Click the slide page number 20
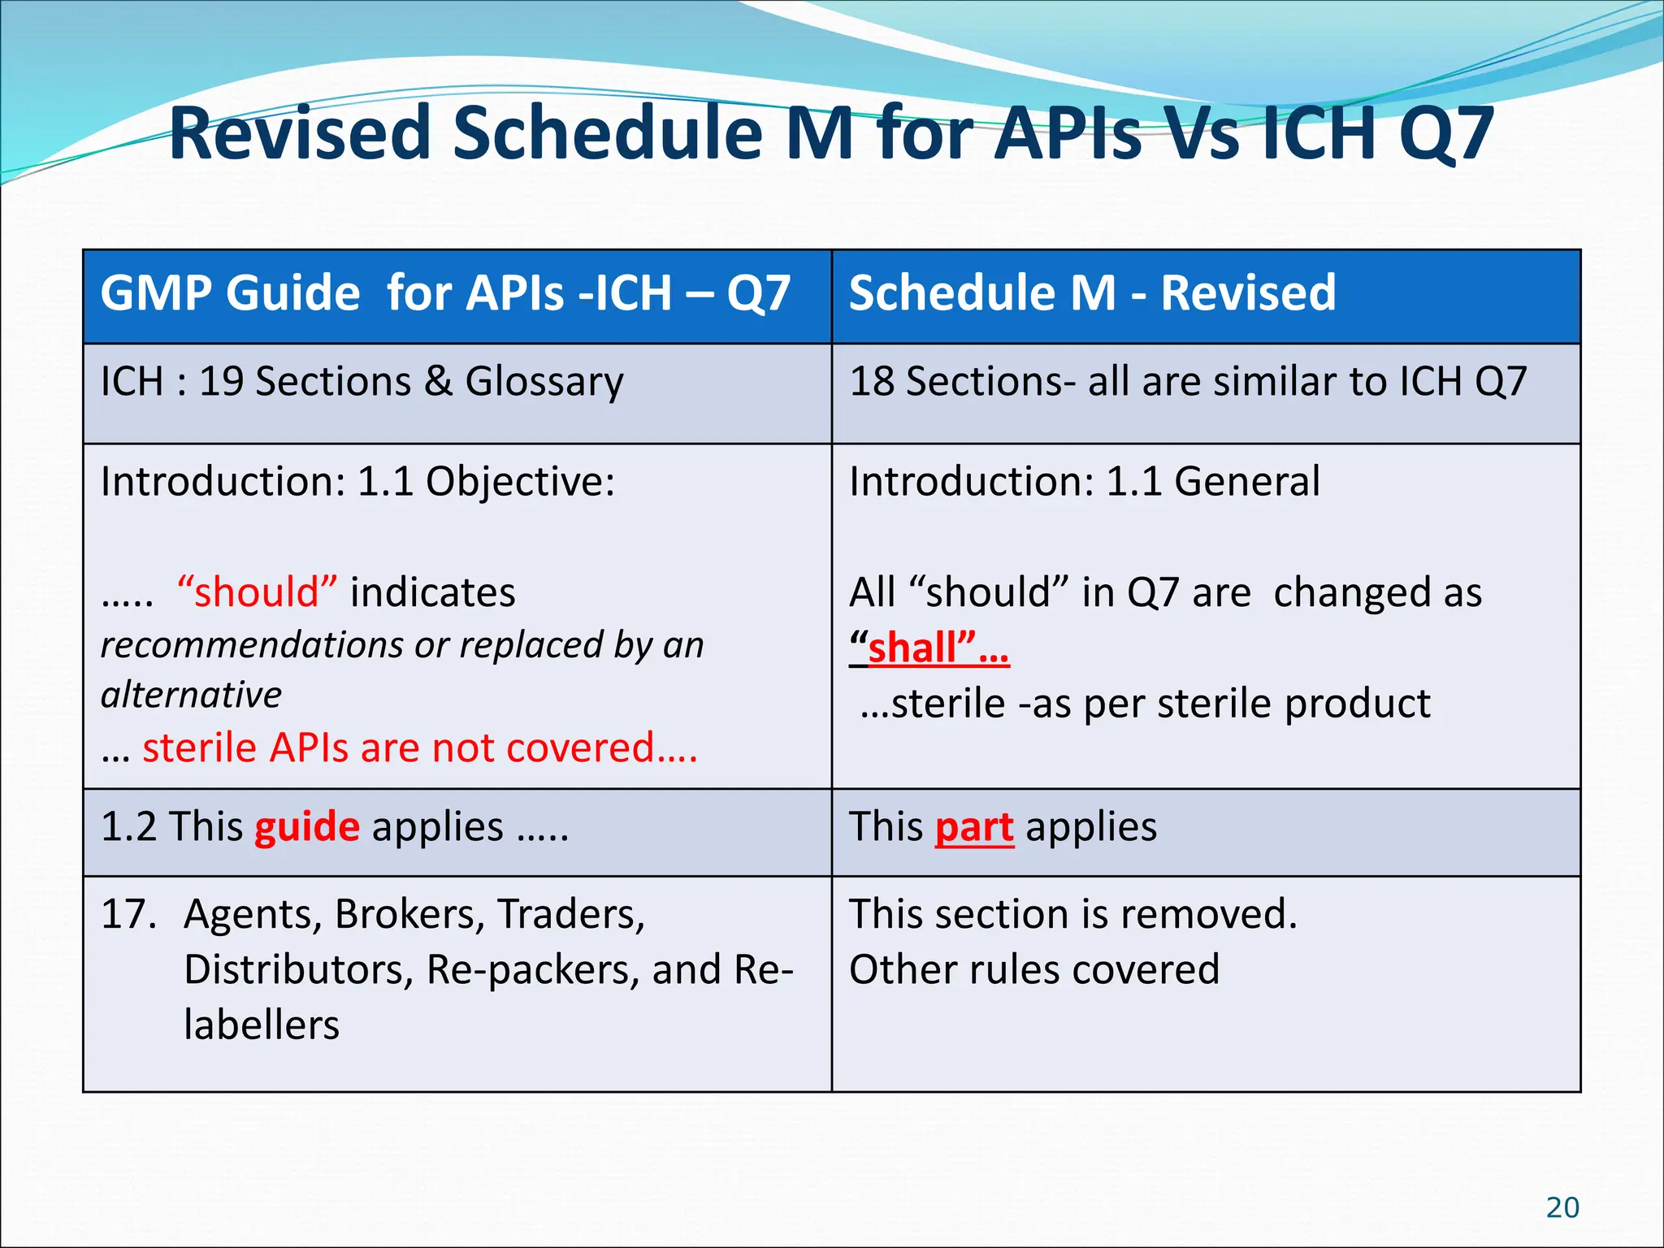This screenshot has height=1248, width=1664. [x=1562, y=1207]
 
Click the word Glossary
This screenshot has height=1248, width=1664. [x=544, y=383]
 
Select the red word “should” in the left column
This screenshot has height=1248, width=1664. [x=256, y=591]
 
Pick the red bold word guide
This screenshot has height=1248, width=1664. [x=306, y=827]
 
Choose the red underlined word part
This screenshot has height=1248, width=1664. [x=973, y=827]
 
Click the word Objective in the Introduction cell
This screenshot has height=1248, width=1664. [x=520, y=482]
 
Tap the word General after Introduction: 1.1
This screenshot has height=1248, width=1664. [x=1246, y=481]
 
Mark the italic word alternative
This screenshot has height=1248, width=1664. [x=191, y=695]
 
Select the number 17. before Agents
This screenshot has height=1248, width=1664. [x=128, y=914]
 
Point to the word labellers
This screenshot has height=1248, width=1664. [x=261, y=1025]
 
